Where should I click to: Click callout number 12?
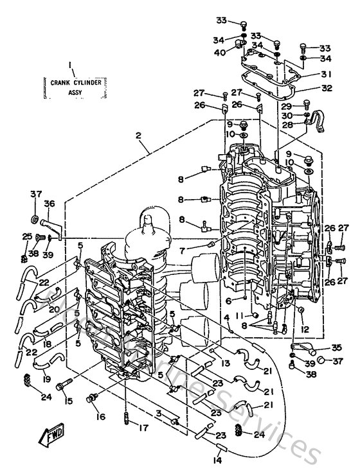(x=305, y=329)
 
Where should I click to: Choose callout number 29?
(x=287, y=105)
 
